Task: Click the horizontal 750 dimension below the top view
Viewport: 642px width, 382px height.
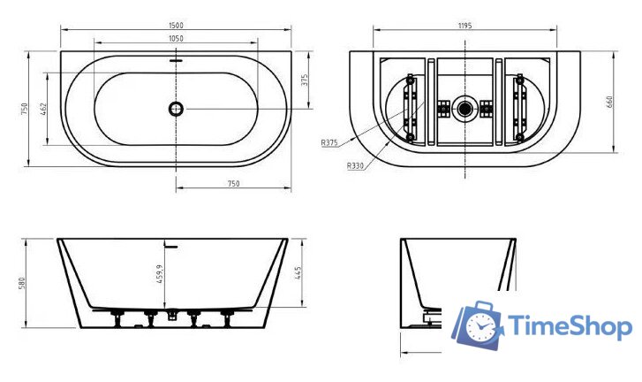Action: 234,184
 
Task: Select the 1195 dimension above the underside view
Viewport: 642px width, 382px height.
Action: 465,26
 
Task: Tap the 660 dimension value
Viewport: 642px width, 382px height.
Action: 609,102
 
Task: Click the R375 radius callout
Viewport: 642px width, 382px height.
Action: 330,143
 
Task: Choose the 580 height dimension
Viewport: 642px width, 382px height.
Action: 22,283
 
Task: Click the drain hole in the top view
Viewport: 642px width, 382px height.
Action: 177,109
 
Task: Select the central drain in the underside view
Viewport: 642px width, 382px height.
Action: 465,109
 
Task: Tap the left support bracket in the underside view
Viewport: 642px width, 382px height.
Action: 410,109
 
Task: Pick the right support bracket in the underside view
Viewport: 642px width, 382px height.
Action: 519,109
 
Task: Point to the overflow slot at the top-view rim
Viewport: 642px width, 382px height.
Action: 177,61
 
